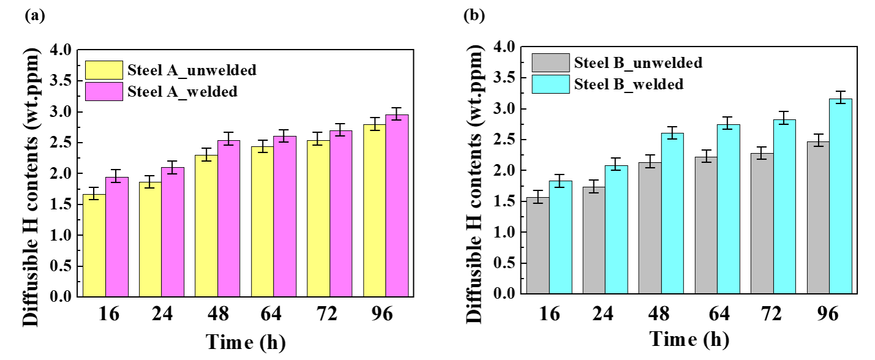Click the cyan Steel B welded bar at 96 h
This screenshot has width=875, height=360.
(x=841, y=197)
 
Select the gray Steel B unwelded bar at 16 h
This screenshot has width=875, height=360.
(x=538, y=246)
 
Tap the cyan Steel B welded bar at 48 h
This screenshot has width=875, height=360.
(x=672, y=214)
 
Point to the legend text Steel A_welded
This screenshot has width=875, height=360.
(x=182, y=91)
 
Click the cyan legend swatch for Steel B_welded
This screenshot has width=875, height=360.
(x=551, y=84)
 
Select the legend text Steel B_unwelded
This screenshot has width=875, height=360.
(x=637, y=62)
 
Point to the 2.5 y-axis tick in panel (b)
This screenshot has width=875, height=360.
(x=505, y=140)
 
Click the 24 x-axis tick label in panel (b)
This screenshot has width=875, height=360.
(x=606, y=312)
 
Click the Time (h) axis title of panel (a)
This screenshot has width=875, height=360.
(x=245, y=341)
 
